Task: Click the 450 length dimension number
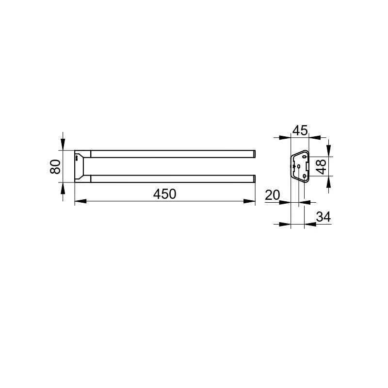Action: click(x=164, y=194)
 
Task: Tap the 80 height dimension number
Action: click(x=55, y=166)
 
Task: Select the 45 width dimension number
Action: click(x=300, y=130)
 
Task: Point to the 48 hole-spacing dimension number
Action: click(x=321, y=166)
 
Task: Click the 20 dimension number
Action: click(x=272, y=195)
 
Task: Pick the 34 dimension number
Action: click(x=323, y=217)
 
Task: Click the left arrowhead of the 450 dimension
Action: click(x=81, y=201)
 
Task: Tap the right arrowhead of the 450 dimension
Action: click(x=249, y=201)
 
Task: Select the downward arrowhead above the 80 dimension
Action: click(x=63, y=145)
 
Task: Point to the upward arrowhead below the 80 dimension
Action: click(x=63, y=188)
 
